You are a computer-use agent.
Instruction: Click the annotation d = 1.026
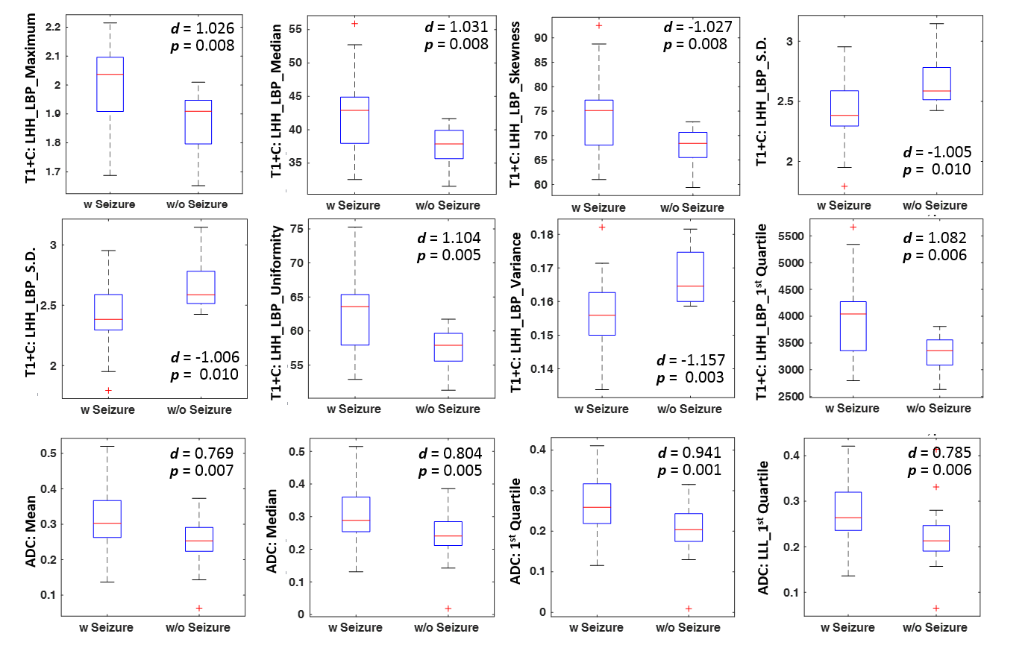(x=202, y=28)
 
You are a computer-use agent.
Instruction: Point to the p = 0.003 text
(x=690, y=377)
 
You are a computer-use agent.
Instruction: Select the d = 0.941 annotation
(x=689, y=453)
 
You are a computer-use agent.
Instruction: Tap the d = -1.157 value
(x=691, y=360)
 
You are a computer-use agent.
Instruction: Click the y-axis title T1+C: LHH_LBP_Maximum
(x=31, y=98)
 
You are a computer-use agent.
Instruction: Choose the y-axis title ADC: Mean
(x=31, y=530)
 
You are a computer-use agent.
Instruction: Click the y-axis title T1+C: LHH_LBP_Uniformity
(x=277, y=312)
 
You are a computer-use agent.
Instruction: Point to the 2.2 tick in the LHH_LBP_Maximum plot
(x=52, y=27)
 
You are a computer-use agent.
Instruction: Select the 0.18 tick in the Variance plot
(x=542, y=234)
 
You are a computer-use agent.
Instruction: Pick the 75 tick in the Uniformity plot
(x=296, y=229)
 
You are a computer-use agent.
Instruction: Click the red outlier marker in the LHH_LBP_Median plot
(x=354, y=24)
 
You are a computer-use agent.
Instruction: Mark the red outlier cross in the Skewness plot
(x=599, y=26)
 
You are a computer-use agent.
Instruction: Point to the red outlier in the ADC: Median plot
(x=448, y=609)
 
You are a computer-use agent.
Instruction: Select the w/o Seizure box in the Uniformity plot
(x=448, y=348)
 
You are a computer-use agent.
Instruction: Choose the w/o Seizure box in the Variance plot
(x=690, y=277)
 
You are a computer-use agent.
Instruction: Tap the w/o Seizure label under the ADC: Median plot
(x=446, y=628)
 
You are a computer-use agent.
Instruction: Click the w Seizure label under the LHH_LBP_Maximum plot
(x=109, y=204)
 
